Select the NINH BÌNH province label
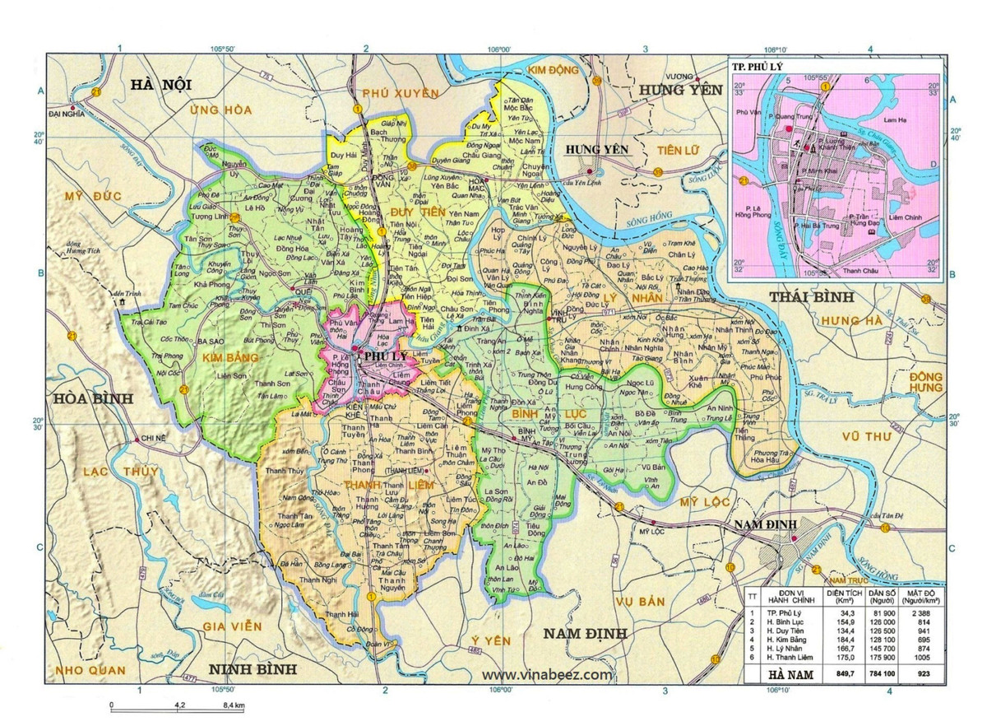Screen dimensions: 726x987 pos(252,668)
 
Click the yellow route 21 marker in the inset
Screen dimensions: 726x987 pos(744,180)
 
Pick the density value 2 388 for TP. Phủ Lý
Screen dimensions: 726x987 pos(910,615)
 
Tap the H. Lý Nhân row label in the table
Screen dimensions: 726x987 pos(785,647)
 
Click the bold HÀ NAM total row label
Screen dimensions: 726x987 pos(785,673)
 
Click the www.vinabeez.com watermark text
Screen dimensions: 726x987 pos(553,674)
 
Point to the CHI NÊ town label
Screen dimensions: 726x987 pos(154,439)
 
